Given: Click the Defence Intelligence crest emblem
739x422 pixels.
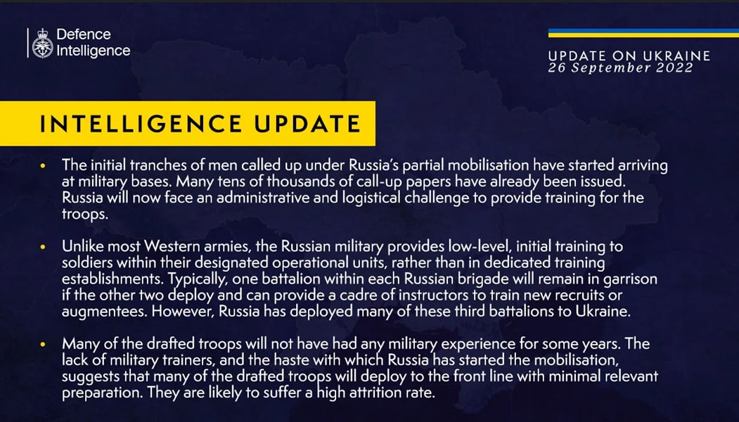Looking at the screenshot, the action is pos(42,43).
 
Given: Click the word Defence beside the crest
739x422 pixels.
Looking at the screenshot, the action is pos(84,34).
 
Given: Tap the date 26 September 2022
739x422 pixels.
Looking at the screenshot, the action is pos(620,68).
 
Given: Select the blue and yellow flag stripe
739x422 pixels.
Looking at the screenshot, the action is pos(643,33).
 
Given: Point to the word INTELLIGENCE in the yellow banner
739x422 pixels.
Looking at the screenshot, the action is pos(141,124).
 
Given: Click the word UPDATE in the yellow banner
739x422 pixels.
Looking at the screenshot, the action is pos(307,124).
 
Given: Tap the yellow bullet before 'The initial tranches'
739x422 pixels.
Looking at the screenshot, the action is pos(44,166).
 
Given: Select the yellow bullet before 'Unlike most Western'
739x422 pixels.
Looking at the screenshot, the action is pos(44,247).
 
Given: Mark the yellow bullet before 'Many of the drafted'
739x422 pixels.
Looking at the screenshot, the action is pos(44,344).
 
